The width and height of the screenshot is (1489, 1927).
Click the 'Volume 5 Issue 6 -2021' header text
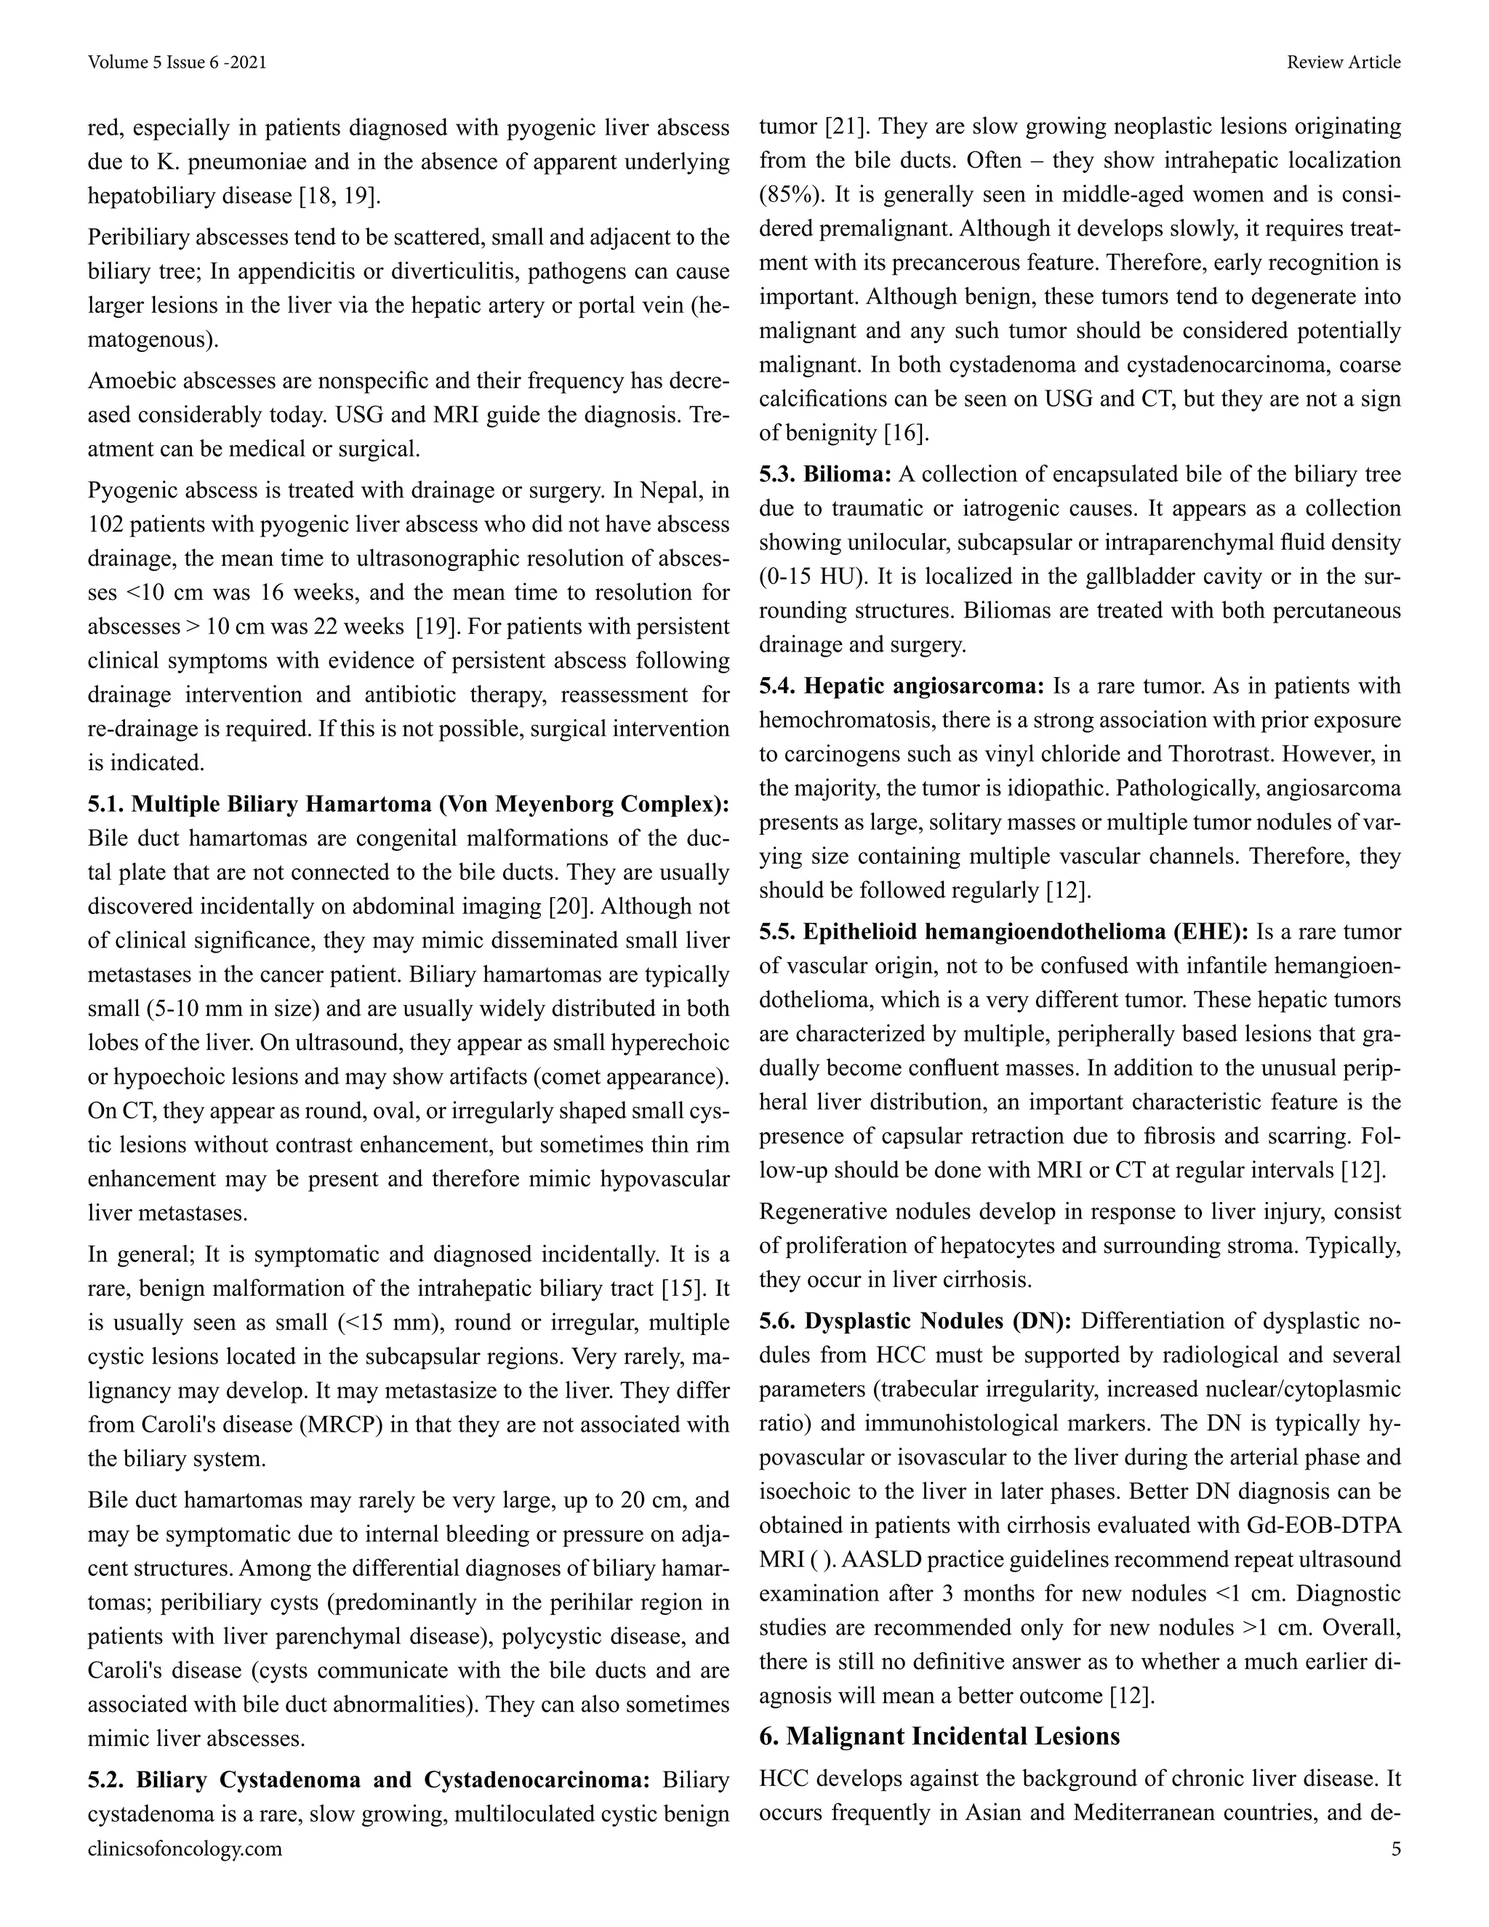(x=177, y=63)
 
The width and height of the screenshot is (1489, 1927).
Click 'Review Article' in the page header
(x=1343, y=63)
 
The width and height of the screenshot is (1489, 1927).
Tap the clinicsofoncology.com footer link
(x=185, y=1848)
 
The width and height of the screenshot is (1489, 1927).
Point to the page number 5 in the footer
(x=1395, y=1848)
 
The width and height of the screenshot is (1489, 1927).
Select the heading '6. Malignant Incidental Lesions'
(x=939, y=1736)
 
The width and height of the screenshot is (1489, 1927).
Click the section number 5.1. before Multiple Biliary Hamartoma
(x=106, y=805)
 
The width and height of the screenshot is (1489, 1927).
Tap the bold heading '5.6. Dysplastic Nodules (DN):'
(x=915, y=1321)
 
